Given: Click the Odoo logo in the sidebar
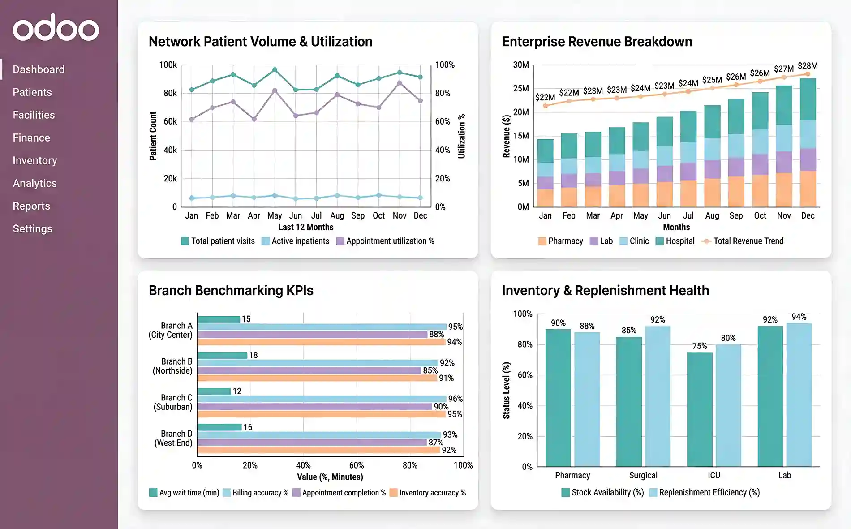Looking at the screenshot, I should [56, 28].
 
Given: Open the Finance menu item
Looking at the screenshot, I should [31, 138].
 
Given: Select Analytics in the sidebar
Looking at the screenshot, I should [34, 183].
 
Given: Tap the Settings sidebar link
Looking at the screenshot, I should [32, 228].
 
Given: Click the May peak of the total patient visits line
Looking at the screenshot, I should [275, 70].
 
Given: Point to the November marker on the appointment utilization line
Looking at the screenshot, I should [400, 83].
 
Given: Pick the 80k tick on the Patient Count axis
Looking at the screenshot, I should [170, 93].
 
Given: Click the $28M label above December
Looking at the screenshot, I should [808, 66].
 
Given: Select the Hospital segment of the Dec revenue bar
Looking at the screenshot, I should [808, 99].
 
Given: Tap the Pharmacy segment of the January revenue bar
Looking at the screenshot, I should [545, 198].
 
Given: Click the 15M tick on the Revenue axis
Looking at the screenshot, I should [521, 136].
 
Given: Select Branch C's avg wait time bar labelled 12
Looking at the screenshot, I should [214, 391].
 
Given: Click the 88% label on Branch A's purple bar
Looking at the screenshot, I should [436, 334].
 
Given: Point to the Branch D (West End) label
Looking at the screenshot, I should [173, 438].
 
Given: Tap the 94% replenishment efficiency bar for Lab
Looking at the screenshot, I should [799, 394].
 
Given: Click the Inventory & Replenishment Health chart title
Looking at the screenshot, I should [605, 290].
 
